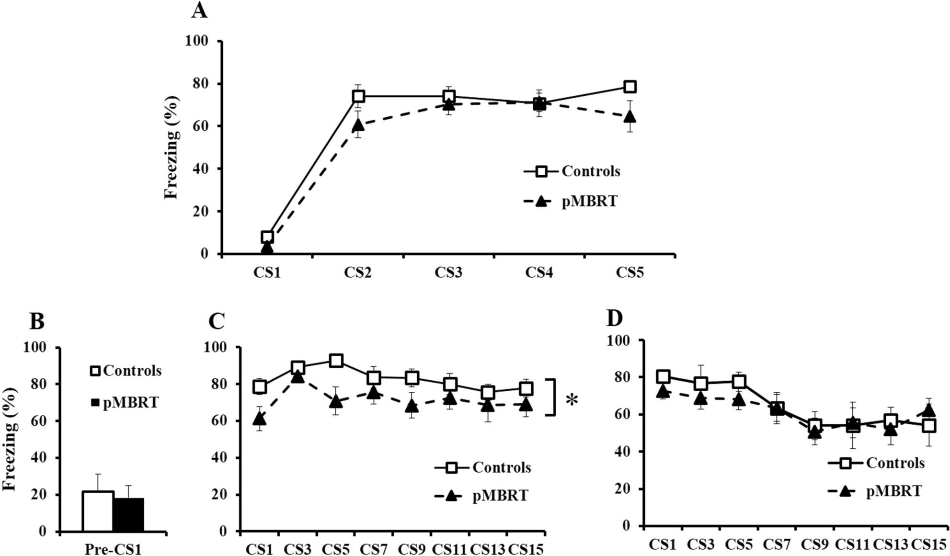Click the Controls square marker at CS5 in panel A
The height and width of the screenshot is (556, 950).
tap(630, 87)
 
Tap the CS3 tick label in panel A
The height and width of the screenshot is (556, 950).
tap(448, 273)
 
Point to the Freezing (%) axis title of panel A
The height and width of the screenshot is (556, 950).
tap(172, 148)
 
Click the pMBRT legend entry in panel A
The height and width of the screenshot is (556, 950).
tap(589, 202)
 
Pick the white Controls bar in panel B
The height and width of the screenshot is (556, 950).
tap(98, 511)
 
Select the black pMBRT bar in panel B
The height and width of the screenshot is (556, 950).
tap(128, 515)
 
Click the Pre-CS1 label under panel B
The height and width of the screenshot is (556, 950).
tap(113, 549)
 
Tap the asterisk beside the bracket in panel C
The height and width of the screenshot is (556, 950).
tap(572, 400)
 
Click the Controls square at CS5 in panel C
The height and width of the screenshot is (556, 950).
tap(336, 361)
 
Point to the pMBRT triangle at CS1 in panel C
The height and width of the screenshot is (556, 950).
tap(260, 419)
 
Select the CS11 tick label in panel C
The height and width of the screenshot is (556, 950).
tap(449, 549)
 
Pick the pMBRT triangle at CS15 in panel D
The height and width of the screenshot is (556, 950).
tap(929, 410)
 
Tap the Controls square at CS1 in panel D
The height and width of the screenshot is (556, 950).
tap(663, 376)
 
